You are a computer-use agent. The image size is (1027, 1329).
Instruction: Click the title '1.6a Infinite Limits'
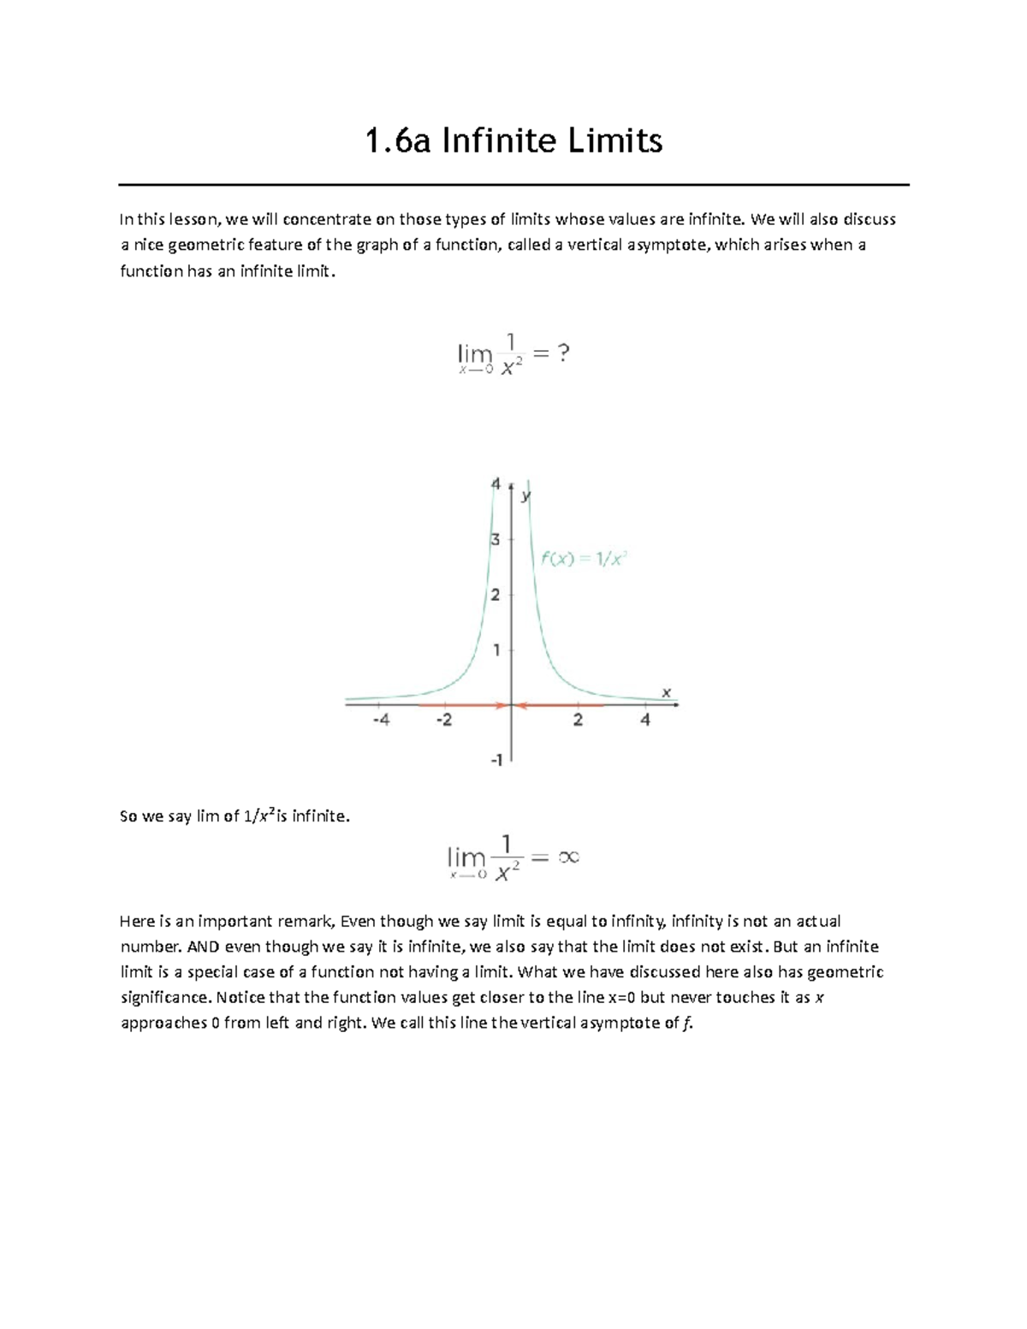pyautogui.click(x=513, y=140)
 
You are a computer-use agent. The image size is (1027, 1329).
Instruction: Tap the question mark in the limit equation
pyautogui.click(x=561, y=353)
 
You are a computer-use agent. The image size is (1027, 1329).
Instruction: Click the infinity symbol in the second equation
pyautogui.click(x=568, y=857)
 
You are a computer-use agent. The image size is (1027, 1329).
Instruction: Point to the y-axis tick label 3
pyautogui.click(x=495, y=540)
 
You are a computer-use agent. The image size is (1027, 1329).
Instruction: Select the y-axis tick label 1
pyautogui.click(x=496, y=650)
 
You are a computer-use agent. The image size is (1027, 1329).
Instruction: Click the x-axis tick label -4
pyautogui.click(x=381, y=721)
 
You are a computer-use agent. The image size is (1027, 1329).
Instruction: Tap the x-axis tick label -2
pyautogui.click(x=443, y=721)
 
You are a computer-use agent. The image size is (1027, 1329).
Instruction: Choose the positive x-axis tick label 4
pyautogui.click(x=645, y=721)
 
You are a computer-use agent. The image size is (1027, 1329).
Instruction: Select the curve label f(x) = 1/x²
pyautogui.click(x=585, y=559)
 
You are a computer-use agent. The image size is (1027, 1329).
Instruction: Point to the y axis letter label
pyautogui.click(x=526, y=495)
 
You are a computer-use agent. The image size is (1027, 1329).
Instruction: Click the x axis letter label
pyautogui.click(x=665, y=691)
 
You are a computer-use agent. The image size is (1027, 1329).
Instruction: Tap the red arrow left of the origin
pyautogui.click(x=462, y=705)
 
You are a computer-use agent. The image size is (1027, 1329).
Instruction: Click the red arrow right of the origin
pyautogui.click(x=561, y=705)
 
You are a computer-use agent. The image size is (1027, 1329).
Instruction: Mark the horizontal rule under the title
pyautogui.click(x=513, y=184)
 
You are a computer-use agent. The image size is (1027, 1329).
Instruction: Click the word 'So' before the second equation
pyautogui.click(x=128, y=816)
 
